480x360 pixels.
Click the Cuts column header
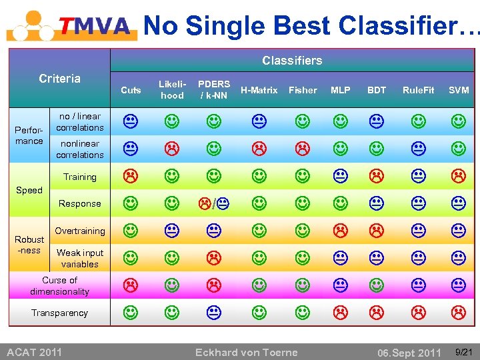131,90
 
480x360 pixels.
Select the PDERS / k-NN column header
214,89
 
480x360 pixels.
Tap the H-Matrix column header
259,90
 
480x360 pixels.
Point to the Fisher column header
303,90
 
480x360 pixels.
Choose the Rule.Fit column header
418,90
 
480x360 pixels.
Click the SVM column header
458,90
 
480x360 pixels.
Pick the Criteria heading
59,79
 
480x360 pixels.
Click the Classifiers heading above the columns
292,61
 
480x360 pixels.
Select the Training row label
80,177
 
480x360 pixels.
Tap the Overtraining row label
80,231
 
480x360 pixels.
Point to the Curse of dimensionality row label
59,286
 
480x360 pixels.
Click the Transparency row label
59,313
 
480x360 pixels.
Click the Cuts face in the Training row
131,176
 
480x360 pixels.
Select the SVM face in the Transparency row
458,311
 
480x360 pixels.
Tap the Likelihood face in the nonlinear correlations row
172,148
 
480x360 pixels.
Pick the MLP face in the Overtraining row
341,231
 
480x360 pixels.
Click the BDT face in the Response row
377,203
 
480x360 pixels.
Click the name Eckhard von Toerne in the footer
246,352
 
